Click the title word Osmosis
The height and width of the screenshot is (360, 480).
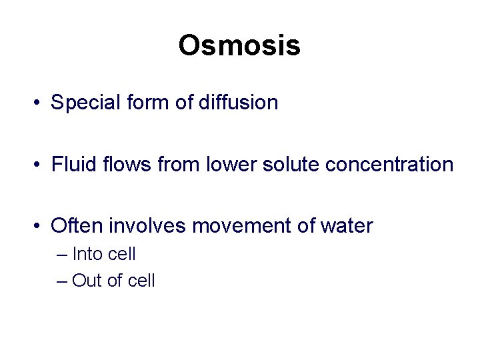tap(239, 45)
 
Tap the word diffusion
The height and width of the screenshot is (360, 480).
tap(238, 103)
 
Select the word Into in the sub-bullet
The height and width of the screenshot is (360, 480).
tap(85, 254)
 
